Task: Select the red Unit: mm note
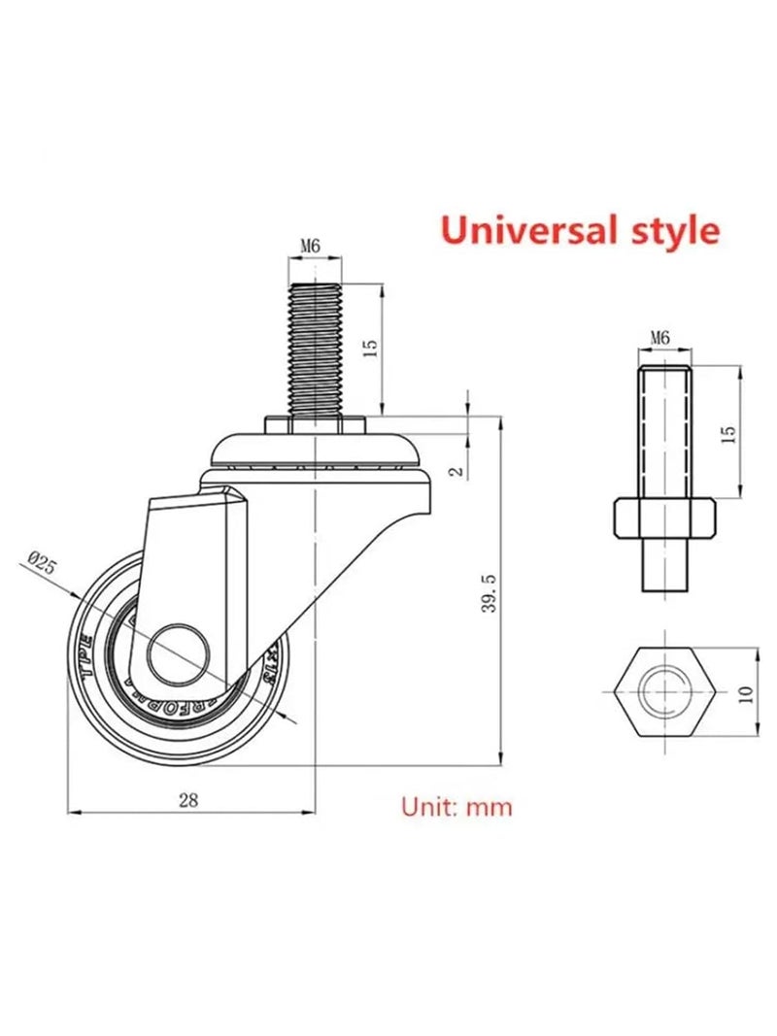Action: (x=456, y=806)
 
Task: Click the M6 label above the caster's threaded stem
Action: (x=310, y=247)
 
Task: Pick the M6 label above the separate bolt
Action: (x=659, y=338)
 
